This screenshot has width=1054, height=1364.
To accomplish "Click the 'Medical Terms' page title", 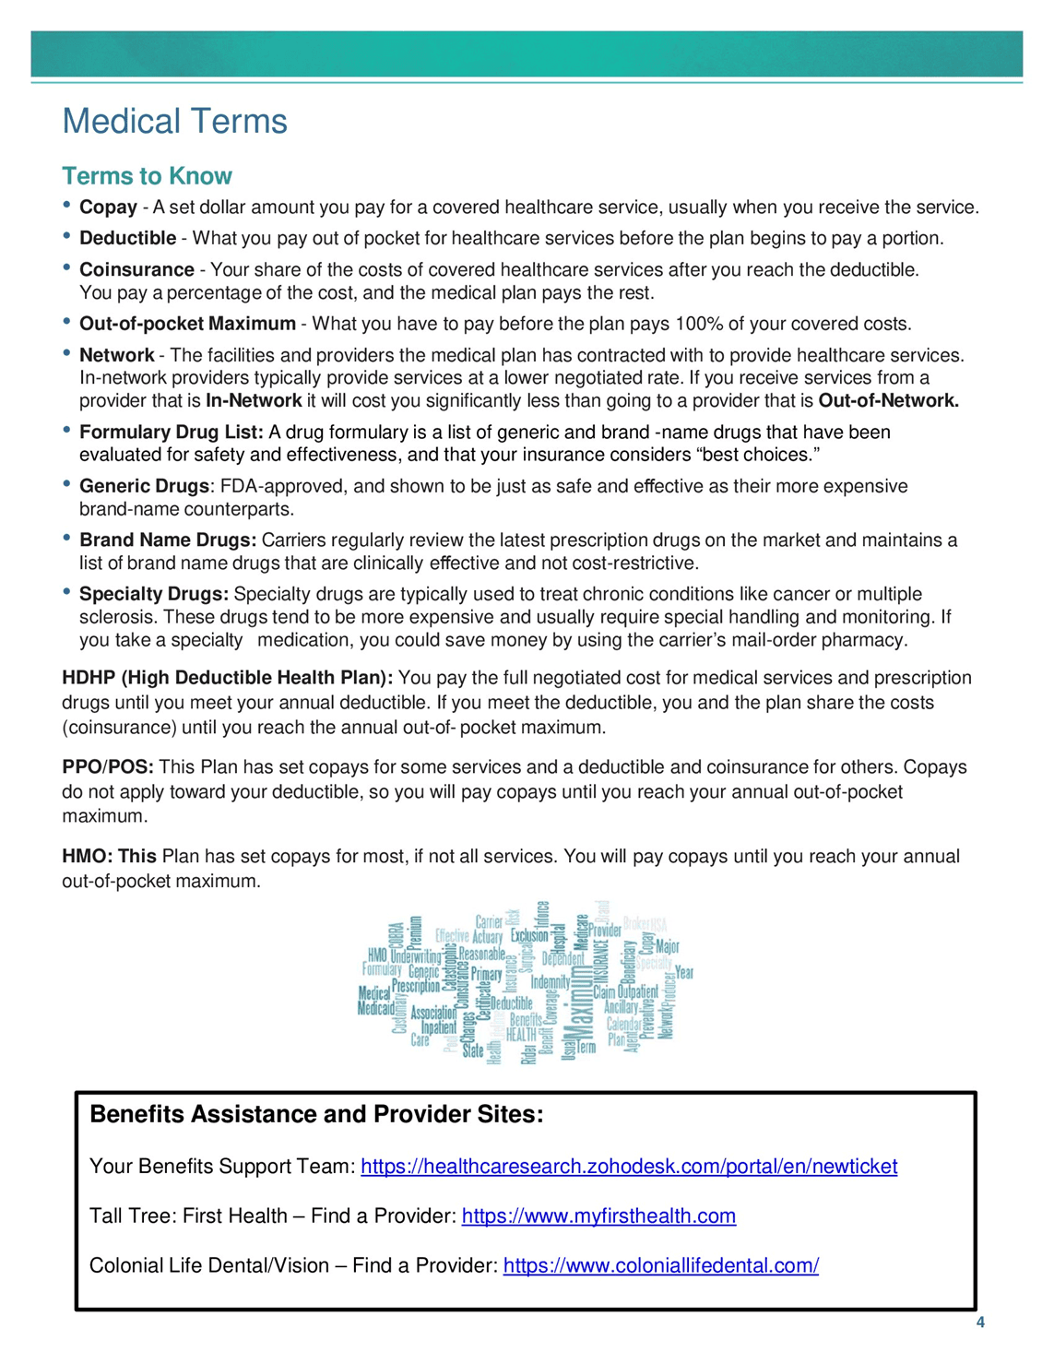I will [174, 121].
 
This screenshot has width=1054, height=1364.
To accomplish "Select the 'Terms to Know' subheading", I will [147, 176].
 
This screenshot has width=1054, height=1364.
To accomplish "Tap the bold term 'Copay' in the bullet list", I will [108, 208].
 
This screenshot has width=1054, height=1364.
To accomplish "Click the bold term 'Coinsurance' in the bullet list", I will [136, 270].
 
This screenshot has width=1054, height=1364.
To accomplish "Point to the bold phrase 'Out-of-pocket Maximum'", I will [187, 324].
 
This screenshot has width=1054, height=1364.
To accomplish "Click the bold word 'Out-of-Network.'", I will [888, 401].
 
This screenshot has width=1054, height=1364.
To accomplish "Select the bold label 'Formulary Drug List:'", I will [172, 433].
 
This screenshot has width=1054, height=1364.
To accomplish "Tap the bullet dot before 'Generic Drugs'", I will [67, 483].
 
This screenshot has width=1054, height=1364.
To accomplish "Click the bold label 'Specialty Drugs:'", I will [154, 595].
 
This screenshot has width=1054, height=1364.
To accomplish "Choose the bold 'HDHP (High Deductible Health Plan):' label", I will [228, 679].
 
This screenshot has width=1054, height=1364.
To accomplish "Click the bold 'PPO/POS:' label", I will [108, 768].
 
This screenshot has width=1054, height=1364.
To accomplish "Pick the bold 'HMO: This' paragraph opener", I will [109, 857].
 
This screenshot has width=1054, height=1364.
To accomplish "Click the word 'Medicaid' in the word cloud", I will [375, 1009].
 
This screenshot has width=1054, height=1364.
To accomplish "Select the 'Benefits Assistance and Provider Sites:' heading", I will [316, 1115].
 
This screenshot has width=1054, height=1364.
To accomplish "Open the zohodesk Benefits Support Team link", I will [629, 1167].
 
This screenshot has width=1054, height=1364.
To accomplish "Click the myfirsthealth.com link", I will [598, 1216].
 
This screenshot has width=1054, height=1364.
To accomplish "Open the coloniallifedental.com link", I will [660, 1266].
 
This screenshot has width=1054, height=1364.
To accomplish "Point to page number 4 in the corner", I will [980, 1322].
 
